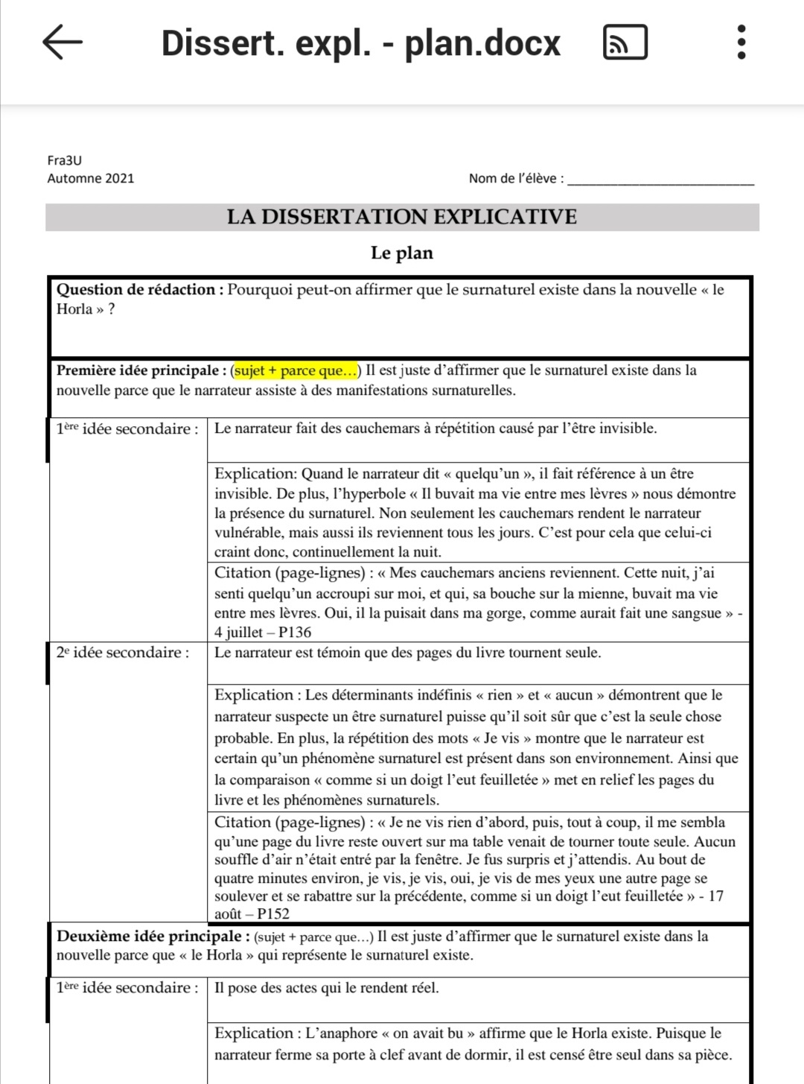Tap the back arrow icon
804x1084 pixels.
(x=63, y=42)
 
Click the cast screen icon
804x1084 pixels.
(x=625, y=42)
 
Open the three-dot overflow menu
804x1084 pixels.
(x=741, y=42)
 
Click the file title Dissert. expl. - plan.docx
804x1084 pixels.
(x=360, y=42)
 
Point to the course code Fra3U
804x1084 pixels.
(x=65, y=160)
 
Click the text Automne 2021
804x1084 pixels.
(x=91, y=178)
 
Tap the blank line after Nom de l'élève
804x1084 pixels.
(x=661, y=179)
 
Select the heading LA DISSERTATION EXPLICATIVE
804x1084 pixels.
(x=402, y=217)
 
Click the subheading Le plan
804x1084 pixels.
(x=402, y=253)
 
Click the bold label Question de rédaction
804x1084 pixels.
(x=139, y=290)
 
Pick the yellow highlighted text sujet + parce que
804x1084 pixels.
(x=296, y=370)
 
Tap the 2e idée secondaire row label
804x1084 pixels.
(x=123, y=653)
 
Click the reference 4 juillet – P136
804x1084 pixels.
(x=263, y=633)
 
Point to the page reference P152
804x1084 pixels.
(x=273, y=914)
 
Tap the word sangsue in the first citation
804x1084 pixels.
(x=696, y=613)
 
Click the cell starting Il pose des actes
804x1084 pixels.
(x=327, y=988)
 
